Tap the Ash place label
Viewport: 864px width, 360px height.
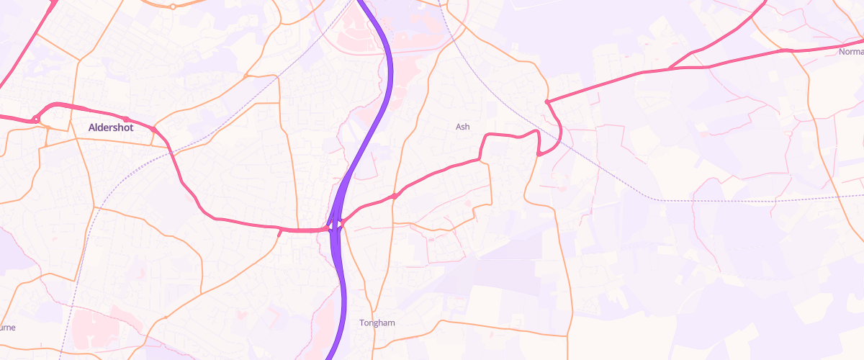pos(462,127)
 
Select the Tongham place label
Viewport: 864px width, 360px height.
pos(377,323)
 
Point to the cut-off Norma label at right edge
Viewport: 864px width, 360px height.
pos(851,52)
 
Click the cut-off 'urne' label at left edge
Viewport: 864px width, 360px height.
pos(7,327)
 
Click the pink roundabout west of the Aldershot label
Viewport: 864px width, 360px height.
pos(35,120)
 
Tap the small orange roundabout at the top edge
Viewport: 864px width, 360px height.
pos(173,6)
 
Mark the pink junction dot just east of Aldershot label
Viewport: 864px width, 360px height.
pos(154,130)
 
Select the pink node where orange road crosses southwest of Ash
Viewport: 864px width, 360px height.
pos(395,196)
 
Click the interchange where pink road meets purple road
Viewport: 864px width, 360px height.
pos(335,226)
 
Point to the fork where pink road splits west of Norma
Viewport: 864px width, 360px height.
pos(670,68)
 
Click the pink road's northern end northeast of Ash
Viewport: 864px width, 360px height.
pos(547,102)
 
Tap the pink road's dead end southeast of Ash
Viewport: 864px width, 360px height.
pos(539,153)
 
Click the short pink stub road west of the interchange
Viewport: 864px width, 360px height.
pos(280,233)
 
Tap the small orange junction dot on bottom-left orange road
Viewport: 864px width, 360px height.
pos(166,317)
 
